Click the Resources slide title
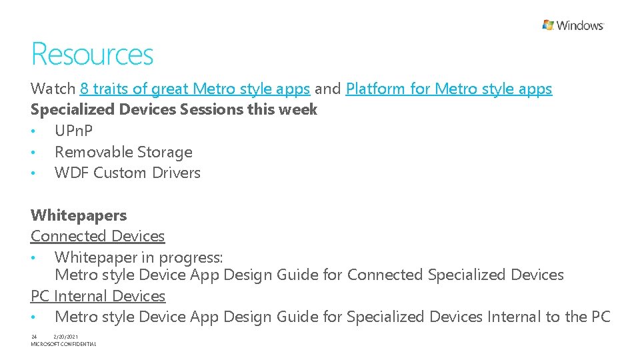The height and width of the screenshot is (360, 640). tap(92, 55)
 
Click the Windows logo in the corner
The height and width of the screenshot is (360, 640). tap(573, 25)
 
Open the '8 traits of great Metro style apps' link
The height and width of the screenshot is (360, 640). tap(195, 89)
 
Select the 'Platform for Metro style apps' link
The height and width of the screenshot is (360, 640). tap(449, 89)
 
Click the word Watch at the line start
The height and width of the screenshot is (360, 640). tap(53, 89)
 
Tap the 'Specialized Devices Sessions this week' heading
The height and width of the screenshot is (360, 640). tap(174, 109)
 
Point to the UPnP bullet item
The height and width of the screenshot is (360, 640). tap(73, 131)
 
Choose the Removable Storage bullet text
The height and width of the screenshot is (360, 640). tap(123, 152)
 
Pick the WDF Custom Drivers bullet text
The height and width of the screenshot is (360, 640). tap(127, 173)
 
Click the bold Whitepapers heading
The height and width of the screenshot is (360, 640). tap(79, 215)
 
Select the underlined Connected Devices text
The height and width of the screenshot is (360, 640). tap(97, 236)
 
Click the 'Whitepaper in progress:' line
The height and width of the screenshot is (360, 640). tap(139, 257)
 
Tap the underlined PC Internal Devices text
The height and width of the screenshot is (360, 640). tap(98, 296)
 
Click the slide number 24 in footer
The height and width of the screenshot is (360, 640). tap(34, 336)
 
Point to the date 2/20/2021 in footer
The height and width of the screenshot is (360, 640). tap(67, 336)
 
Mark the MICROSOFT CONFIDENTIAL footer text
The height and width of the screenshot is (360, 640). tap(63, 344)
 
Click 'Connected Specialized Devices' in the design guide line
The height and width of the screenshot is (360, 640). tap(455, 275)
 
